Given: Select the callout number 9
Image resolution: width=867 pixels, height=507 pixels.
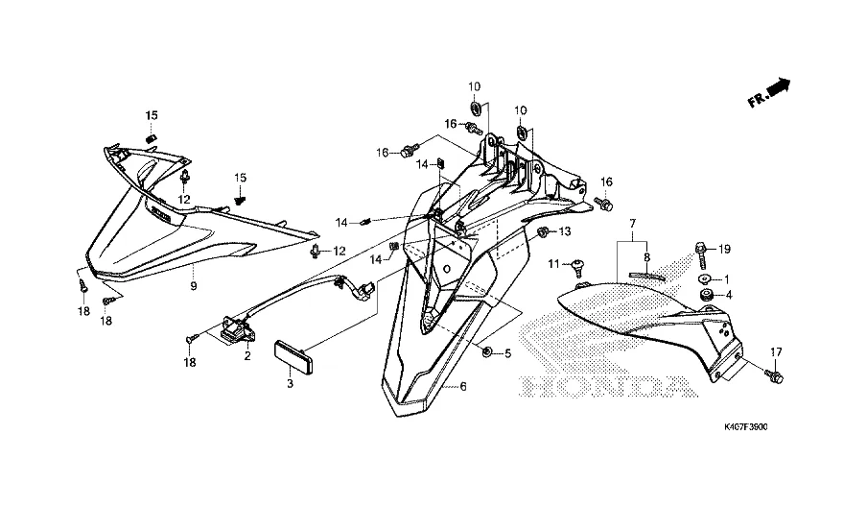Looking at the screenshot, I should pyautogui.click(x=193, y=286).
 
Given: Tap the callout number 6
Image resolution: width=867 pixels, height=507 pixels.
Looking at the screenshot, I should pyautogui.click(x=463, y=387).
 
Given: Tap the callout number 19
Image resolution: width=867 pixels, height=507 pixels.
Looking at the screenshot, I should pyautogui.click(x=724, y=249).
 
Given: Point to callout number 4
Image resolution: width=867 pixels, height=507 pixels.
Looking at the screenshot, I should pyautogui.click(x=728, y=295).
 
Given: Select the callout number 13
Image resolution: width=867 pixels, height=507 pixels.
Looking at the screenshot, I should pyautogui.click(x=564, y=231).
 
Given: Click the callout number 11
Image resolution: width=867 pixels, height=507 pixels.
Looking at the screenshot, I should pyautogui.click(x=553, y=264).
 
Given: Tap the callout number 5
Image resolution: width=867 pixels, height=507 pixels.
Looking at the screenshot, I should pyautogui.click(x=507, y=353).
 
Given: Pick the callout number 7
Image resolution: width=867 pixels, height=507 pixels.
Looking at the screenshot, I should pyautogui.click(x=633, y=223).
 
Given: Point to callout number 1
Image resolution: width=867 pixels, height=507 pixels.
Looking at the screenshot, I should pyautogui.click(x=726, y=278).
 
